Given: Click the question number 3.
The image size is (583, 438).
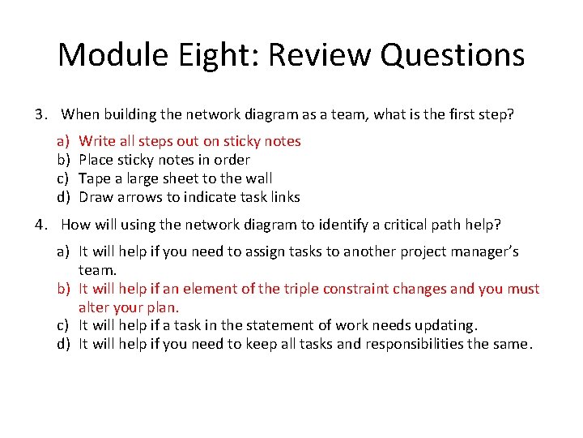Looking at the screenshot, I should coord(41,114).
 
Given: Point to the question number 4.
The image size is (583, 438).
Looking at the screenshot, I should coord(41,225).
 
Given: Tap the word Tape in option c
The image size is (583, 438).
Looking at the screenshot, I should coord(94,178).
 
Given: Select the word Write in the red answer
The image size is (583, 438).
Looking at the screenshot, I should coord(96,141).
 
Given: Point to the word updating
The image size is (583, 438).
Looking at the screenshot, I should coord(446,325).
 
